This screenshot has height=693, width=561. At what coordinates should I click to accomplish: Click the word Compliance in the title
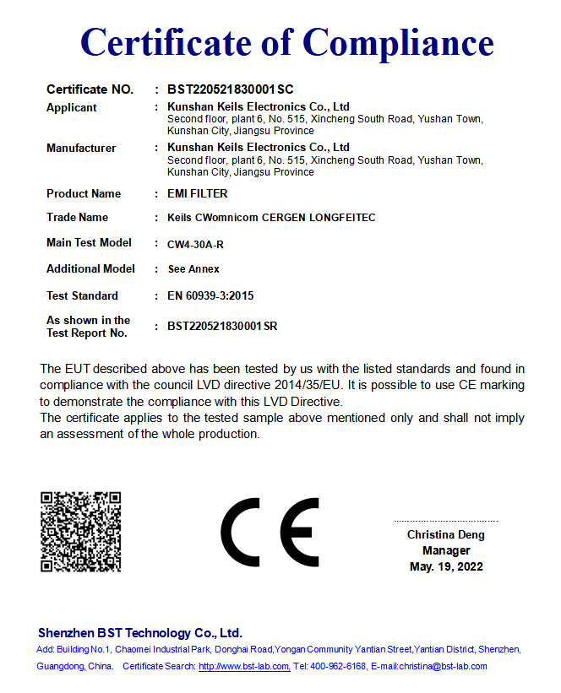point(398,42)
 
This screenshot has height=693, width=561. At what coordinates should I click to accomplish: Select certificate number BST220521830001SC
point(230,89)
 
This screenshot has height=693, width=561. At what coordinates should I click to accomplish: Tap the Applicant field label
point(72,108)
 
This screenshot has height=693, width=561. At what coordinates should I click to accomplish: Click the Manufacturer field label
point(81,149)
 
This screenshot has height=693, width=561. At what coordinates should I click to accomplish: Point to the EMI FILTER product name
point(197,194)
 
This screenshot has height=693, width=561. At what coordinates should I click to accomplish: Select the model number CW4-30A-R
point(195,245)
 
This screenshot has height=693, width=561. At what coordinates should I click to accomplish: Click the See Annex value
point(193,269)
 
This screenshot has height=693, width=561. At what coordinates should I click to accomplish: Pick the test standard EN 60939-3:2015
point(210,296)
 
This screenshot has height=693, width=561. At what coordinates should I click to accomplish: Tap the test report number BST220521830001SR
point(222,326)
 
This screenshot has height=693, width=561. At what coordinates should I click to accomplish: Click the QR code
point(81,532)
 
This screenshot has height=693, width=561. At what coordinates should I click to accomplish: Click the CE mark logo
point(270,533)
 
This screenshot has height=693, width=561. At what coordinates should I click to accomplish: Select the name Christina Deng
point(446,535)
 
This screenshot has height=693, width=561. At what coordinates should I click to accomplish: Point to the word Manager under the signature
point(446,550)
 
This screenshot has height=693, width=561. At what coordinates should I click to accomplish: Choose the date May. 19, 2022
point(446,566)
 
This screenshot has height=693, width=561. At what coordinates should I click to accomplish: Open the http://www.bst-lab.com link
point(244,667)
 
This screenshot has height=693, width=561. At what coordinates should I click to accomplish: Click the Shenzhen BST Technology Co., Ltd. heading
point(140,633)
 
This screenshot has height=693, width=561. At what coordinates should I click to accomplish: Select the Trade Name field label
point(78,218)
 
